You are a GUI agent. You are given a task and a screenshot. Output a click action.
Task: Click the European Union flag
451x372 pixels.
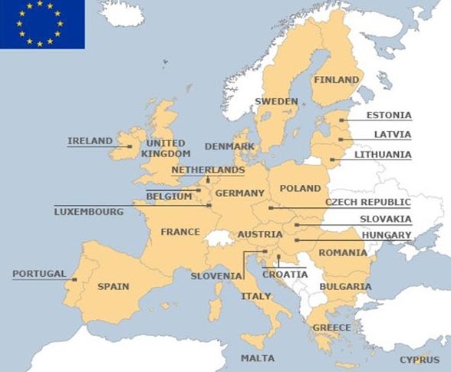[42, 24]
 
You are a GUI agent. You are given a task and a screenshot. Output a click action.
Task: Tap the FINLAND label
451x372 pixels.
[337, 80]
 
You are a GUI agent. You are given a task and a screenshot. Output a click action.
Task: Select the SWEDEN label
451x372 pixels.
[276, 101]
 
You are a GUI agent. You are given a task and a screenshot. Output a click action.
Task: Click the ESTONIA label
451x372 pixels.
[388, 116]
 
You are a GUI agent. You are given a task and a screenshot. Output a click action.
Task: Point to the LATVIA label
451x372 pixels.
[392, 135]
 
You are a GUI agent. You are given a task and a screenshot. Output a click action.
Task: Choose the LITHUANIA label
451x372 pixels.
[382, 155]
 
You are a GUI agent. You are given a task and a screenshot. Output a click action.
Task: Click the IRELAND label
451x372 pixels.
[90, 141]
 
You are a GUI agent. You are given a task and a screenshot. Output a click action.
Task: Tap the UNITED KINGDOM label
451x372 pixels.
[166, 148]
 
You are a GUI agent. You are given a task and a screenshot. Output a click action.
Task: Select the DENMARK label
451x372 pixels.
[229, 146]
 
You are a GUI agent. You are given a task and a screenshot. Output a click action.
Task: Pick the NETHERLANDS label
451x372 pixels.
[208, 170]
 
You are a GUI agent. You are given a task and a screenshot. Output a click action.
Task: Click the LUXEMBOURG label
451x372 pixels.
[88, 211]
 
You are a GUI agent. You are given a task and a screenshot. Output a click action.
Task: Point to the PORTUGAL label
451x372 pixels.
[39, 274]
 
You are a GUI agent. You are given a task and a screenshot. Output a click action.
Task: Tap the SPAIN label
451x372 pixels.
[113, 287]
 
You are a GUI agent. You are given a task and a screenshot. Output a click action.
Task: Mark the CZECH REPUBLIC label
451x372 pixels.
[367, 202]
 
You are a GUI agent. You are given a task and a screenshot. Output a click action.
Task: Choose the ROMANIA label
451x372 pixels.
[343, 252]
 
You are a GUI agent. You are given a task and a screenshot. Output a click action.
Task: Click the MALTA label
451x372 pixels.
[257, 358]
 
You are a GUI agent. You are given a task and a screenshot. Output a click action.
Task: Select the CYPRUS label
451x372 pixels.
[420, 360]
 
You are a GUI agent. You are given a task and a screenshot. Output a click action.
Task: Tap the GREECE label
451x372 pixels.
[331, 328]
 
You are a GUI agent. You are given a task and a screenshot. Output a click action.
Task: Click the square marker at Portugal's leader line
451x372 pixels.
[74, 279]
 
